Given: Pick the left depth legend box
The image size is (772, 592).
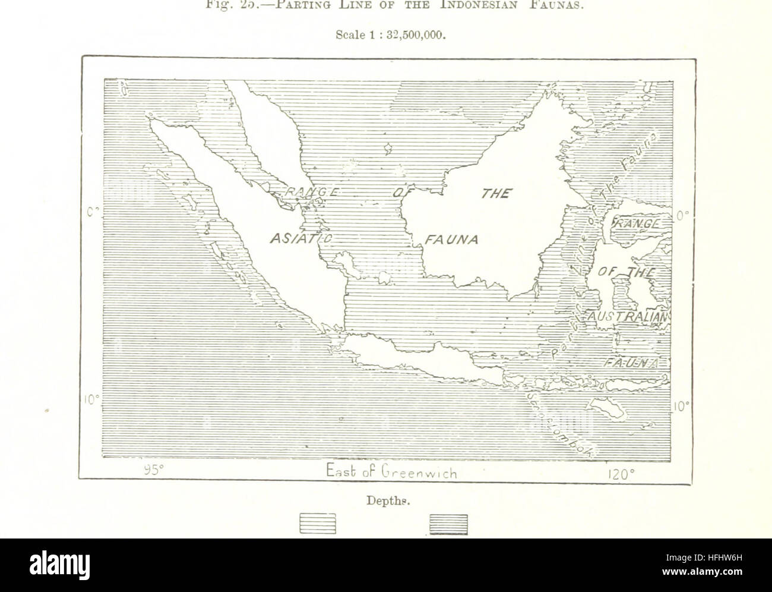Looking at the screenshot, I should pos(318,524).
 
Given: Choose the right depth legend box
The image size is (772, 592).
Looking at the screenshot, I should pos(448,524).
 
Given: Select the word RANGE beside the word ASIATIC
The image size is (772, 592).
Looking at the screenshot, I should pos(311,192).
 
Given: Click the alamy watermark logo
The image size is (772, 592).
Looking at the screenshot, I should pos(59,565).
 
